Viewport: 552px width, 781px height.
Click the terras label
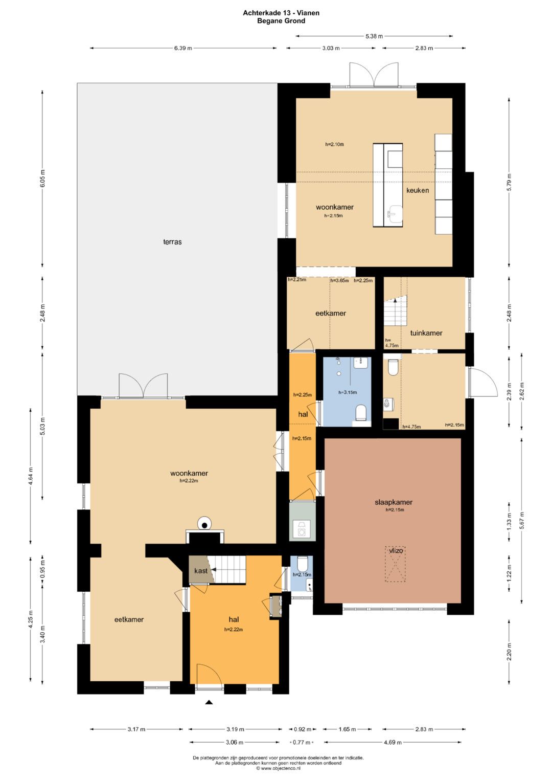172,241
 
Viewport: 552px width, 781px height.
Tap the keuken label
418,190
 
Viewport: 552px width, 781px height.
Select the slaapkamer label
394,502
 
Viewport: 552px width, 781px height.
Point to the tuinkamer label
426,333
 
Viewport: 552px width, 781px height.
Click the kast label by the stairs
201,571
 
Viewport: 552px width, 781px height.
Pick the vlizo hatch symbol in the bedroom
396,564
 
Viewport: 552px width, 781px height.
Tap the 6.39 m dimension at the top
183,48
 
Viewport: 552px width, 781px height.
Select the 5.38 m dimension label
374,36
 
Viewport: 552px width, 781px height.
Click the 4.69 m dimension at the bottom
393,742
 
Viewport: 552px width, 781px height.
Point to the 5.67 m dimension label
522,520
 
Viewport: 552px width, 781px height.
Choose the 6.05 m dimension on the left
42,178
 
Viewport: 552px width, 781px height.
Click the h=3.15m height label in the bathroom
348,392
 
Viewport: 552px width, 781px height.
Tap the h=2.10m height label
335,144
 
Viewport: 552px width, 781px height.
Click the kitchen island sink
395,213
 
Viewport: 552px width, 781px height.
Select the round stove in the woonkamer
204,524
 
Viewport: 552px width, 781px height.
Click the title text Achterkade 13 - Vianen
281,13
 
